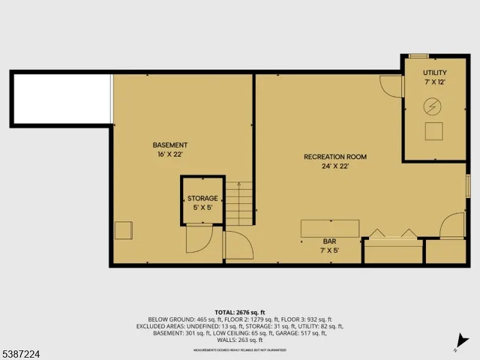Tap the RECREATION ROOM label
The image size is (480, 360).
(x=335, y=157)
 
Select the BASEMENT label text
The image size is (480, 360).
(x=170, y=145)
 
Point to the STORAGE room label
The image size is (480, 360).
(x=202, y=198)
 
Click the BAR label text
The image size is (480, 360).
(x=330, y=241)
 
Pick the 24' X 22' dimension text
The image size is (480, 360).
(x=335, y=166)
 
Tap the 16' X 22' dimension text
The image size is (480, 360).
(x=170, y=154)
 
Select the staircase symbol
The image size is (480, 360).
(x=239, y=202)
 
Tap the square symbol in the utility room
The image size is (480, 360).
(x=433, y=132)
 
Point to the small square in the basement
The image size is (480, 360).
(x=124, y=230)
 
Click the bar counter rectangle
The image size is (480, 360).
(x=330, y=228)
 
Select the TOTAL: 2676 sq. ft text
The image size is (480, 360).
(x=240, y=312)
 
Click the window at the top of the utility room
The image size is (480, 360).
(x=418, y=55)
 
